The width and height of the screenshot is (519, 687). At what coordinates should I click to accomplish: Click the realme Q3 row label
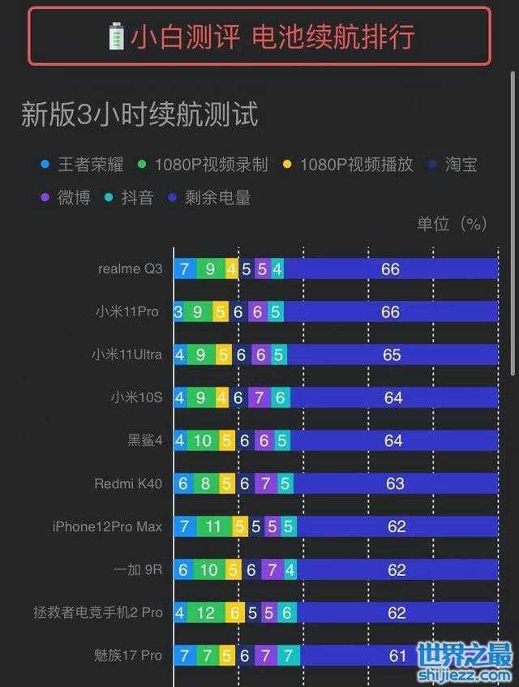click(130, 268)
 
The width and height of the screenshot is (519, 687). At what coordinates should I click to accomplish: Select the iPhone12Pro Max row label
click(107, 527)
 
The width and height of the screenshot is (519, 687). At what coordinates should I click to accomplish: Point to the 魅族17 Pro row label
click(128, 655)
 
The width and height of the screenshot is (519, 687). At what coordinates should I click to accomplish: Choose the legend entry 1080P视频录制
click(204, 165)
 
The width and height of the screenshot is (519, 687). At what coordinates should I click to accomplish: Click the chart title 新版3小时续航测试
click(139, 115)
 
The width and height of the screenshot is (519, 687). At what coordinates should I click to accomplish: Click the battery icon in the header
click(117, 36)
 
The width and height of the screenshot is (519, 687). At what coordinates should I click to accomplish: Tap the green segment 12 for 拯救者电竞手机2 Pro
click(206, 612)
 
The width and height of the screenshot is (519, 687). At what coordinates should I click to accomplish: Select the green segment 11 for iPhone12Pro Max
click(213, 527)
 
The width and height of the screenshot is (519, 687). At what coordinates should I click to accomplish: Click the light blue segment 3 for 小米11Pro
click(178, 311)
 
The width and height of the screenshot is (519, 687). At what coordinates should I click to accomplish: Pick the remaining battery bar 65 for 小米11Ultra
click(392, 354)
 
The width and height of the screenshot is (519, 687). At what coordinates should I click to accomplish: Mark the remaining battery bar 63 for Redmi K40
click(395, 484)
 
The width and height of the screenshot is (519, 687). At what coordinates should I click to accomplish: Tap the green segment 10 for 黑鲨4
click(203, 440)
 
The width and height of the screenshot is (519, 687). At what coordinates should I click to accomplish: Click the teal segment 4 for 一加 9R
click(290, 569)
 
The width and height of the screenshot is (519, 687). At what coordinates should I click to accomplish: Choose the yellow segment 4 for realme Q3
click(232, 268)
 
